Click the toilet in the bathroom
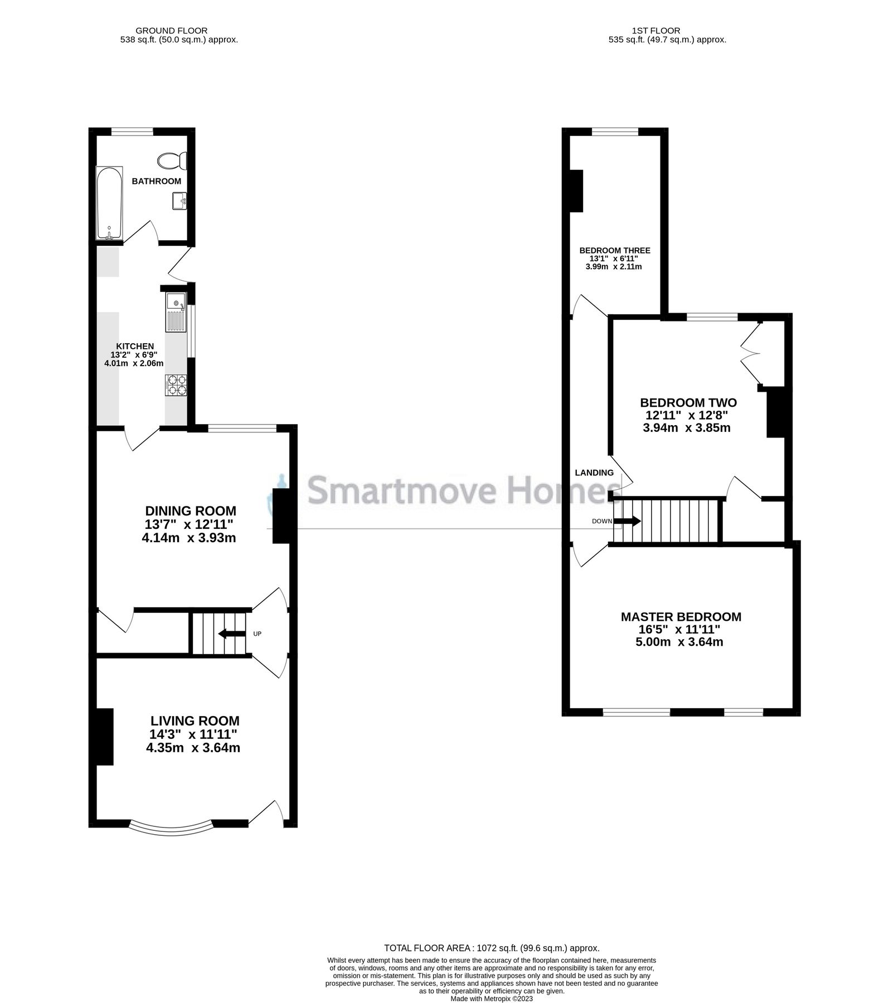[x=172, y=160]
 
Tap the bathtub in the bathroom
[x=109, y=204]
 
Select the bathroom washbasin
[x=180, y=200]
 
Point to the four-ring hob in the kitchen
[x=176, y=384]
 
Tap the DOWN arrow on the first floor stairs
[x=627, y=521]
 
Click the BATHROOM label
[x=156, y=181]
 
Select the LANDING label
[x=594, y=473]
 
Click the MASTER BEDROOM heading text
[x=681, y=617]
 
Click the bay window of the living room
[x=171, y=829]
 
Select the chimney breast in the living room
[x=104, y=736]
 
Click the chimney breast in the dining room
[x=280, y=515]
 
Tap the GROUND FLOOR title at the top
[x=172, y=31]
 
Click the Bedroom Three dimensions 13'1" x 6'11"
[x=614, y=259]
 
